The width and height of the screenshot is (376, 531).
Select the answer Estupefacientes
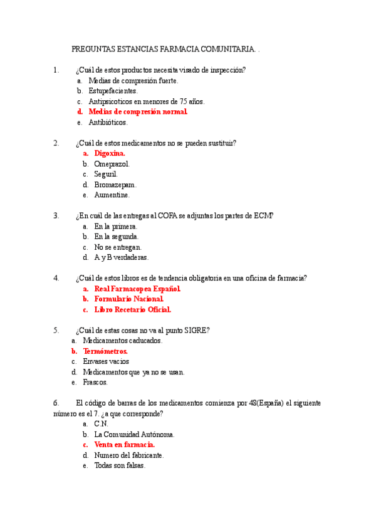[113, 91]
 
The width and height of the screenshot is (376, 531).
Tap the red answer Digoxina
[110, 153]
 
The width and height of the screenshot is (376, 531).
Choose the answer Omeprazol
[112, 163]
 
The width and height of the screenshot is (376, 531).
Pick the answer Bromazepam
[115, 185]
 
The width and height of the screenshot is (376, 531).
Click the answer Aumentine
[112, 195]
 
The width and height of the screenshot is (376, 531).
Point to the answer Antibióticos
[108, 123]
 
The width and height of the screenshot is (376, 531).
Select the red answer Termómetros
[105, 351]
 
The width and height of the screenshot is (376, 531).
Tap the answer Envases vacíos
[106, 361]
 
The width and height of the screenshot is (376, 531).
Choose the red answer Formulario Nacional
[128, 299]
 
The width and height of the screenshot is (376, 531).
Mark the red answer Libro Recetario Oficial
[132, 310]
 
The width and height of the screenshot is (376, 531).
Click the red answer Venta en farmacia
[124, 445]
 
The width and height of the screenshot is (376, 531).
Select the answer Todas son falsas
[120, 466]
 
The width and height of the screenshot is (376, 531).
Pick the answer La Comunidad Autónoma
[134, 434]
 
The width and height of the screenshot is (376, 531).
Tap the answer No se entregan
[118, 247]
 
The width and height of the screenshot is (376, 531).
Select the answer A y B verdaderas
[121, 257]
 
